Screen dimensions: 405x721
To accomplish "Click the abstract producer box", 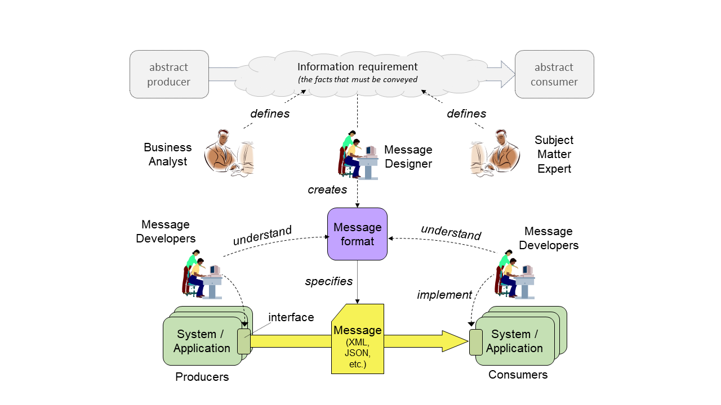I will click(x=169, y=74).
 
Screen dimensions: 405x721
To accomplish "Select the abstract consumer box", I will click(x=554, y=74).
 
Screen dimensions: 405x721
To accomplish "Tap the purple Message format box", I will click(x=358, y=234).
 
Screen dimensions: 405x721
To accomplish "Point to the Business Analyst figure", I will click(x=229, y=153).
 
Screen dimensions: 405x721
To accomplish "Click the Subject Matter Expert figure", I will click(x=495, y=153).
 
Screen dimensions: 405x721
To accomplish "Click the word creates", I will click(x=327, y=190).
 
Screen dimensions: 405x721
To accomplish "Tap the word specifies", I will click(x=329, y=281).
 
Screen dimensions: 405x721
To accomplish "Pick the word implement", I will click(x=444, y=295).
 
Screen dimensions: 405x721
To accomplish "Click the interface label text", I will click(x=291, y=317).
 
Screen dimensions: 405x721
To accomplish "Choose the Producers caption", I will click(x=202, y=377).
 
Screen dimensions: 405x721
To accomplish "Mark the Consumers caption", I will click(x=518, y=375).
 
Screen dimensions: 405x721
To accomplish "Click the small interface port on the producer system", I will click(x=244, y=341).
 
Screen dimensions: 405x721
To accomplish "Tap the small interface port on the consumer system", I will click(x=476, y=343).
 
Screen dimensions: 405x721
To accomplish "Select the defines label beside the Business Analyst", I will click(x=270, y=114).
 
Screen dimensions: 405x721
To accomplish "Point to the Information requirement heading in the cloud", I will click(x=358, y=67).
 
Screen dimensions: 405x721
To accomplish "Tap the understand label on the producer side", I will click(x=262, y=235).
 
